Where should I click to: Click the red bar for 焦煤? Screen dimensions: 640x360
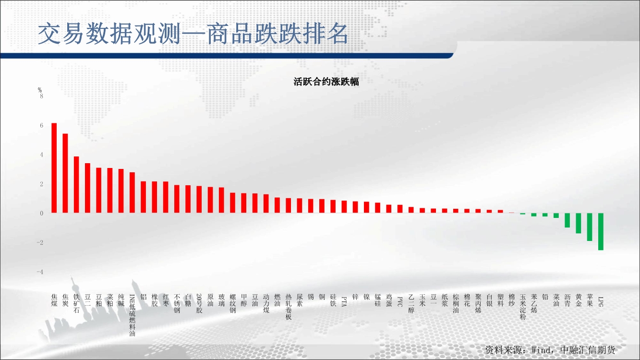point(54,168)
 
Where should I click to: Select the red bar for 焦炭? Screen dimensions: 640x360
point(65,173)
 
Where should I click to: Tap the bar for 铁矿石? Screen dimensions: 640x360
point(76,185)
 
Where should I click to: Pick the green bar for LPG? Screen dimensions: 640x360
point(601,232)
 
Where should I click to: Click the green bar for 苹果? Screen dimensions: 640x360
point(590,227)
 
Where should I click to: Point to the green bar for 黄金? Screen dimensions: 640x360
point(578,223)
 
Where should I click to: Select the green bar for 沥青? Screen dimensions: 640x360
point(567,220)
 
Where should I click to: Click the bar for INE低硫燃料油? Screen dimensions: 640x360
point(132,193)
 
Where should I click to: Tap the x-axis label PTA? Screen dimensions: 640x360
point(344,301)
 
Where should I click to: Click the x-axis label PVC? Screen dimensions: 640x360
point(400,301)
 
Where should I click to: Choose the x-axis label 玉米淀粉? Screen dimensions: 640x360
point(523,307)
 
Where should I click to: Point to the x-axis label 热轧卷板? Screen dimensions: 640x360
point(289,307)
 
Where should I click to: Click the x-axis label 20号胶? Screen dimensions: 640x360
point(199,303)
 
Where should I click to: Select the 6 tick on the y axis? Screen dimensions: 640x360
point(42,125)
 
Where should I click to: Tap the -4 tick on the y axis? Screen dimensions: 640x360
point(40,272)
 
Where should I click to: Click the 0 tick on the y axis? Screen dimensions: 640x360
point(42,213)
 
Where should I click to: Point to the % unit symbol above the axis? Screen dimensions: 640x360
point(40,90)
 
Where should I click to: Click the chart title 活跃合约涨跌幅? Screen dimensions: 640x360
point(326,82)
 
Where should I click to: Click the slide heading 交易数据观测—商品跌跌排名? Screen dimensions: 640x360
point(193,34)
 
